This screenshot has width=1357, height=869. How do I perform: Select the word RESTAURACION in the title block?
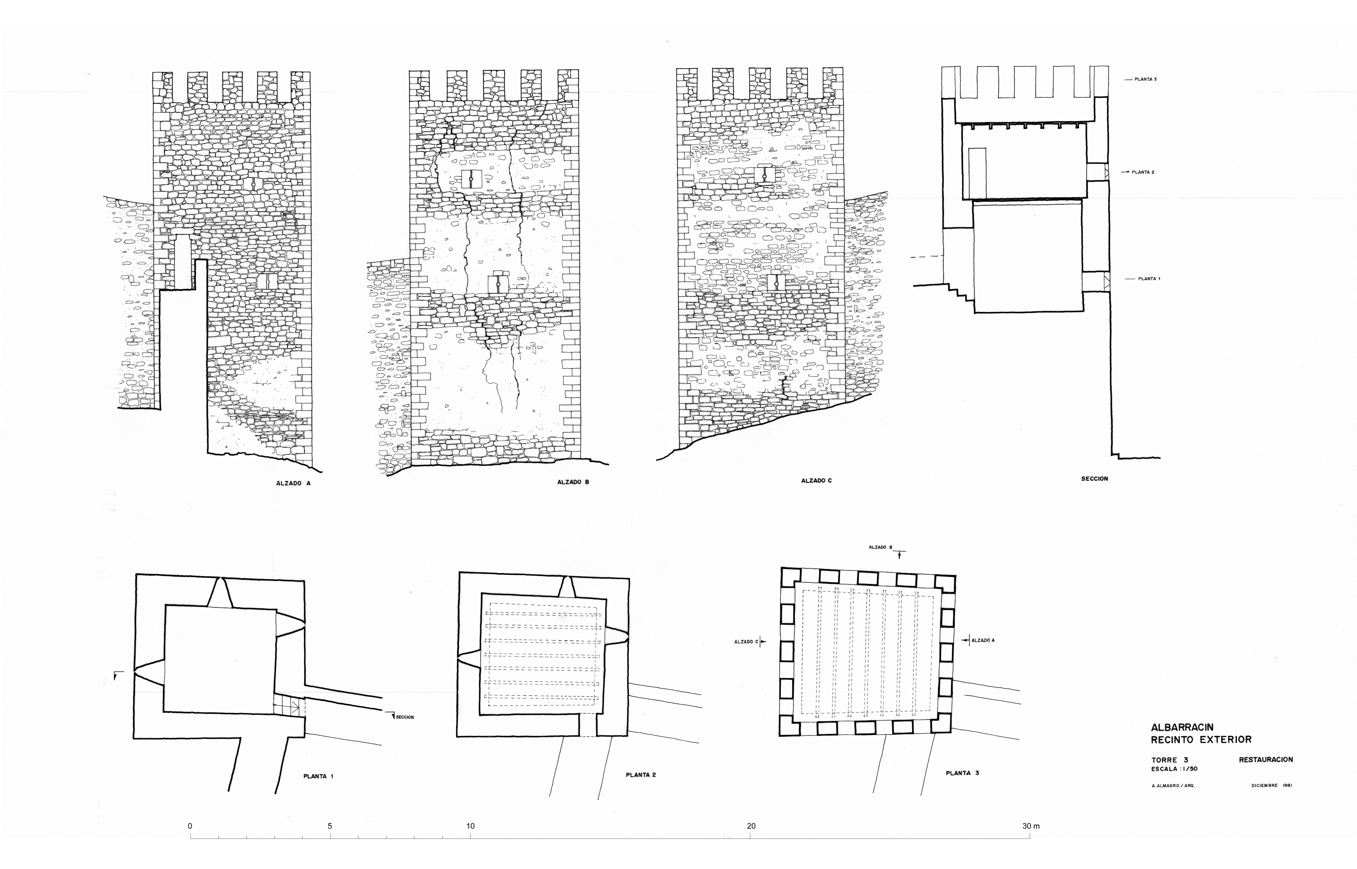(x=1266, y=760)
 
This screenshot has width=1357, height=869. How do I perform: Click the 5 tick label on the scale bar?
(x=330, y=826)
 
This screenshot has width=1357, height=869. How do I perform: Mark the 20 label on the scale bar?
(x=751, y=826)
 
